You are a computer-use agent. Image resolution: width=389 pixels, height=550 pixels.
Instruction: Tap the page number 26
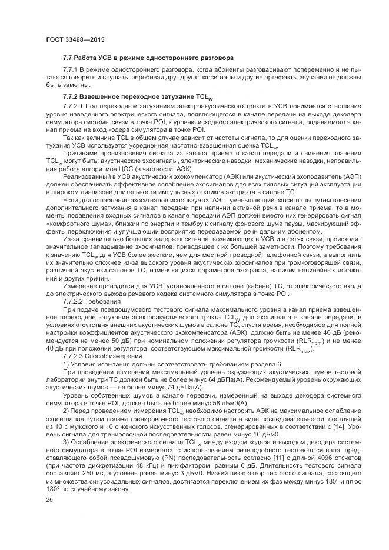pos(49,500)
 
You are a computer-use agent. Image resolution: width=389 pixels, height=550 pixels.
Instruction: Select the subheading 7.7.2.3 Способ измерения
pos(103,357)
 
